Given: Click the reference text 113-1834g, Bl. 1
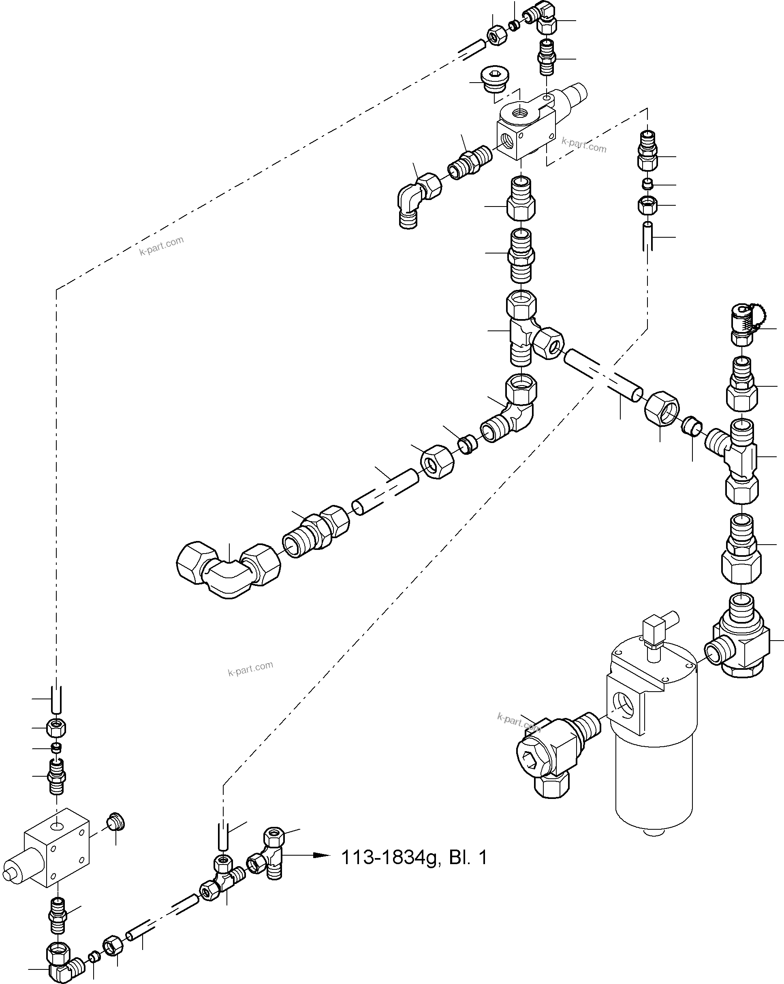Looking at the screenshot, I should [414, 858].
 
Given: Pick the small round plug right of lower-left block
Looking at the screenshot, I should [115, 824].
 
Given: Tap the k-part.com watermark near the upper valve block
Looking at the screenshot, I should [583, 145].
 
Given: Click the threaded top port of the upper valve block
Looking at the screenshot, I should [521, 111].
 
